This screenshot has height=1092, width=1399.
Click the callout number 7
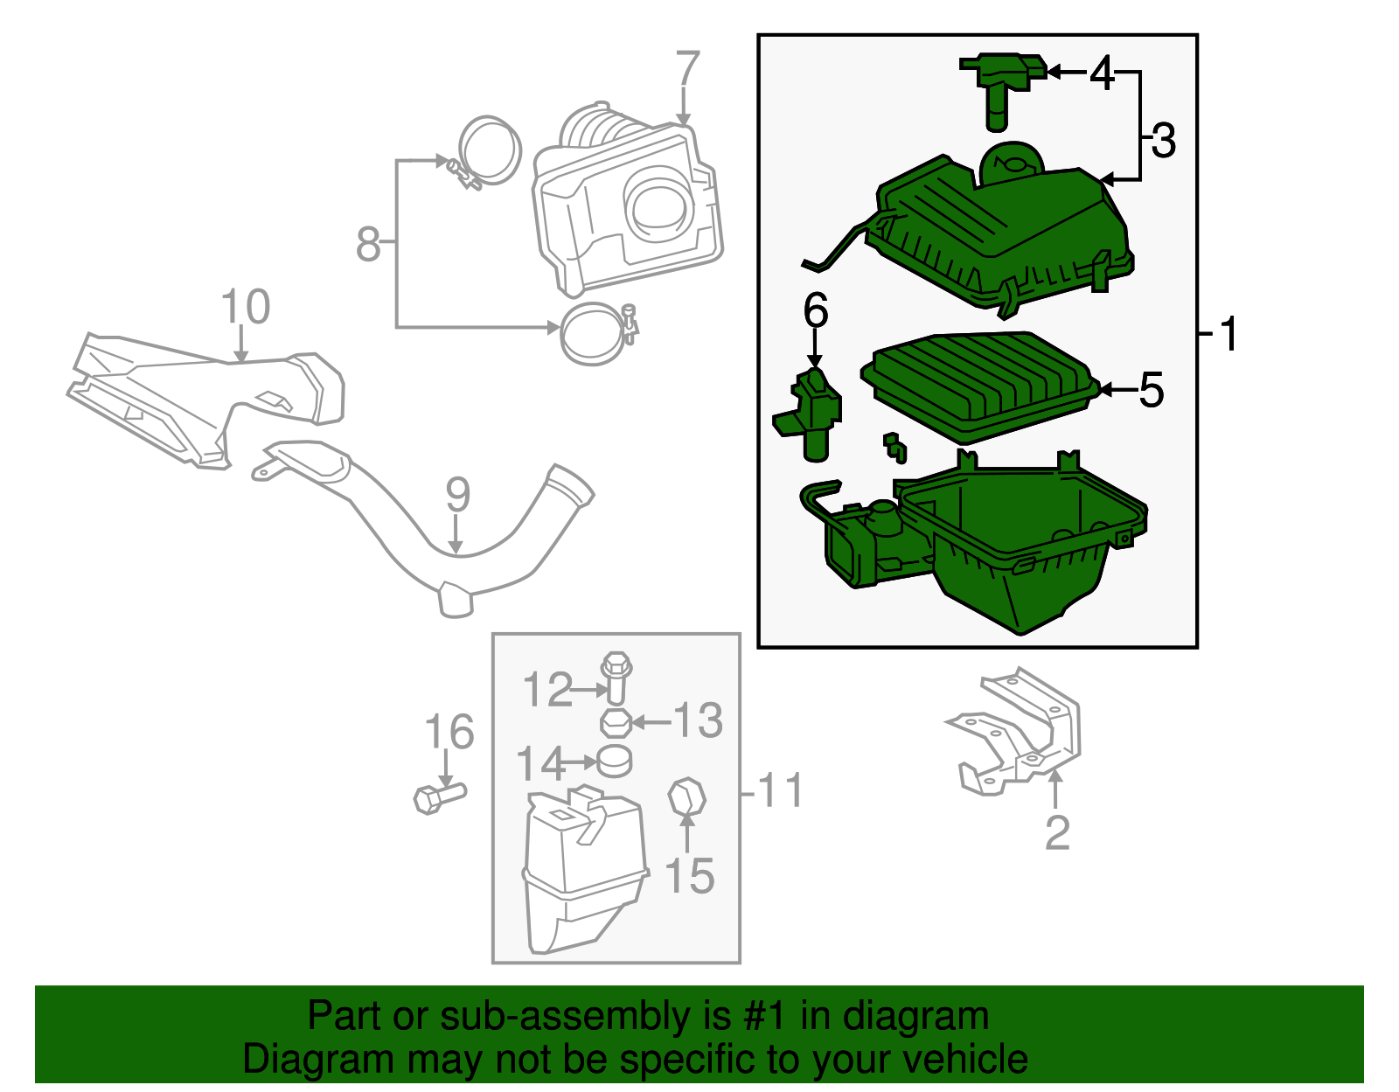click(688, 69)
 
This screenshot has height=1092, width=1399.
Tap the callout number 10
click(245, 308)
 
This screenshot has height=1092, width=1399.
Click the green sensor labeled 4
click(1002, 83)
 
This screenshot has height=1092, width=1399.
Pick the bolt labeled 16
click(438, 796)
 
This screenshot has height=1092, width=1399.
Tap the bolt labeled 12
click(616, 677)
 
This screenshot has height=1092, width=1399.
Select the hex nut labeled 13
click(616, 724)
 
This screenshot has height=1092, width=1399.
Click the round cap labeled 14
click(615, 762)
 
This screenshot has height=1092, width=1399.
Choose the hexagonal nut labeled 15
click(686, 796)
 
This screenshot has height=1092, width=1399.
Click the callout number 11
click(781, 791)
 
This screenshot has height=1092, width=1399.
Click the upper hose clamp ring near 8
click(490, 150)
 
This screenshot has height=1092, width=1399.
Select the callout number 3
click(1164, 141)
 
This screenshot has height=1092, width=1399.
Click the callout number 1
click(1229, 335)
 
